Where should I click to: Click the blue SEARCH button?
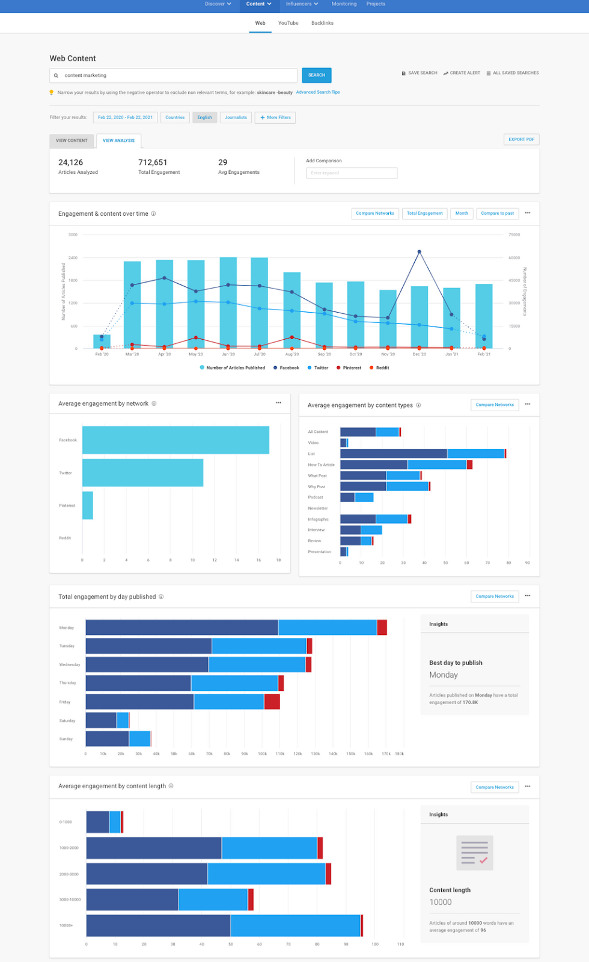coord(317,75)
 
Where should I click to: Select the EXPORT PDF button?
coord(521,139)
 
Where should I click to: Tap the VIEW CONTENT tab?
coord(72,141)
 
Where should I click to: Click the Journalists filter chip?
coord(236,118)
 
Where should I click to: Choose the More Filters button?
coord(275,118)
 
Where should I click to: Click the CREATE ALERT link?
coord(462,73)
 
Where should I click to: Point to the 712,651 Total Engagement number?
coord(153,162)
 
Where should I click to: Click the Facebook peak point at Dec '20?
coord(419,252)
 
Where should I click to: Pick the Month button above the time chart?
coord(462,213)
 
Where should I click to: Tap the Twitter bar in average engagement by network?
coord(142,473)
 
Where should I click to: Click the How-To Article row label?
coord(321,465)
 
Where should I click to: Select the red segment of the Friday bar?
coord(272,702)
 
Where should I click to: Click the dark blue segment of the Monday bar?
coord(182,628)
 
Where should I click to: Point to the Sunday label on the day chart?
coord(66,739)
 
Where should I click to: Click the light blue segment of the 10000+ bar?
coord(295,926)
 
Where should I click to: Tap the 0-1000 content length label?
coord(66,822)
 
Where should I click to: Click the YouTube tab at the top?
coord(288,23)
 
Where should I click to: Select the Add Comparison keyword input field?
coord(352,173)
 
